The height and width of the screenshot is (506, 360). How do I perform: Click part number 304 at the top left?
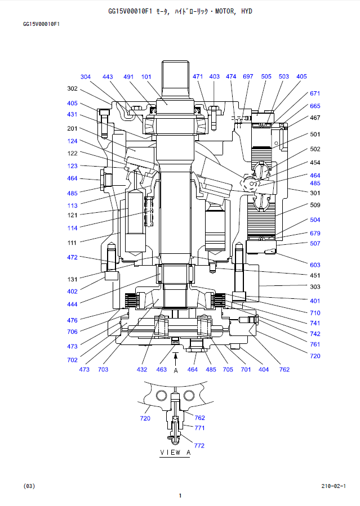click(x=85, y=77)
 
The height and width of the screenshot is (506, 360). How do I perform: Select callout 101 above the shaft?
click(x=146, y=77)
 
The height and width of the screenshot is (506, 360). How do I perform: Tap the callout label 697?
click(x=248, y=77)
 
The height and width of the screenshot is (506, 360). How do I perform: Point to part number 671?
click(x=315, y=93)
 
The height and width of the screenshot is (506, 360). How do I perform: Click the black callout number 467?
click(x=315, y=118)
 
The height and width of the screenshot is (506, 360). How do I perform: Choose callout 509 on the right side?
click(x=315, y=205)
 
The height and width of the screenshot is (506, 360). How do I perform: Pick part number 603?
click(x=315, y=265)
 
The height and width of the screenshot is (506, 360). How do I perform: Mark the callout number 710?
click(x=315, y=313)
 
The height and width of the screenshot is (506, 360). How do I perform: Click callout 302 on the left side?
click(x=72, y=88)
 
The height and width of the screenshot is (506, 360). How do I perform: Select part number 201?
click(x=72, y=129)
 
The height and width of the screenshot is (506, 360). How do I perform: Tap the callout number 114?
click(x=72, y=228)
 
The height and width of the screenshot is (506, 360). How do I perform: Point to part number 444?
click(x=72, y=304)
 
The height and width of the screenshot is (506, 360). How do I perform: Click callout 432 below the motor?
click(x=141, y=369)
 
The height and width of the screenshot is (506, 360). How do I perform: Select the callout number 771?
click(x=199, y=428)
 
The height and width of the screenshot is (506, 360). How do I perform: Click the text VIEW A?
click(x=176, y=453)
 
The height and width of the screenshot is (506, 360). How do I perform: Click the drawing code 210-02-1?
click(x=334, y=486)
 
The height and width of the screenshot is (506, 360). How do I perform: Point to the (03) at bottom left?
click(x=29, y=486)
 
